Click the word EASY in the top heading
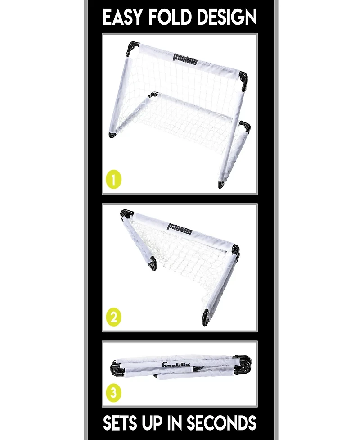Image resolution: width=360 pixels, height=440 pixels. (x=121, y=18)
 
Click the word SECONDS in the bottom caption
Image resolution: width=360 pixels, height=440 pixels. (x=221, y=423)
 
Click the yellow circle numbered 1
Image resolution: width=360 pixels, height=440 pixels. (x=113, y=180)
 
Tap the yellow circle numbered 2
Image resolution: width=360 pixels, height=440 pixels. (x=113, y=318)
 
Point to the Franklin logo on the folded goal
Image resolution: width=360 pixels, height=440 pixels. (x=176, y=365)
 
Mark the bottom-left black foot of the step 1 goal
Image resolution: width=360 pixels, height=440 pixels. (x=112, y=135)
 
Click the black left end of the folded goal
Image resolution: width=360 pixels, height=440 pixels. (x=116, y=369)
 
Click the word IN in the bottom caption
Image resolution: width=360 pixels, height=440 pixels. (x=177, y=423)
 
